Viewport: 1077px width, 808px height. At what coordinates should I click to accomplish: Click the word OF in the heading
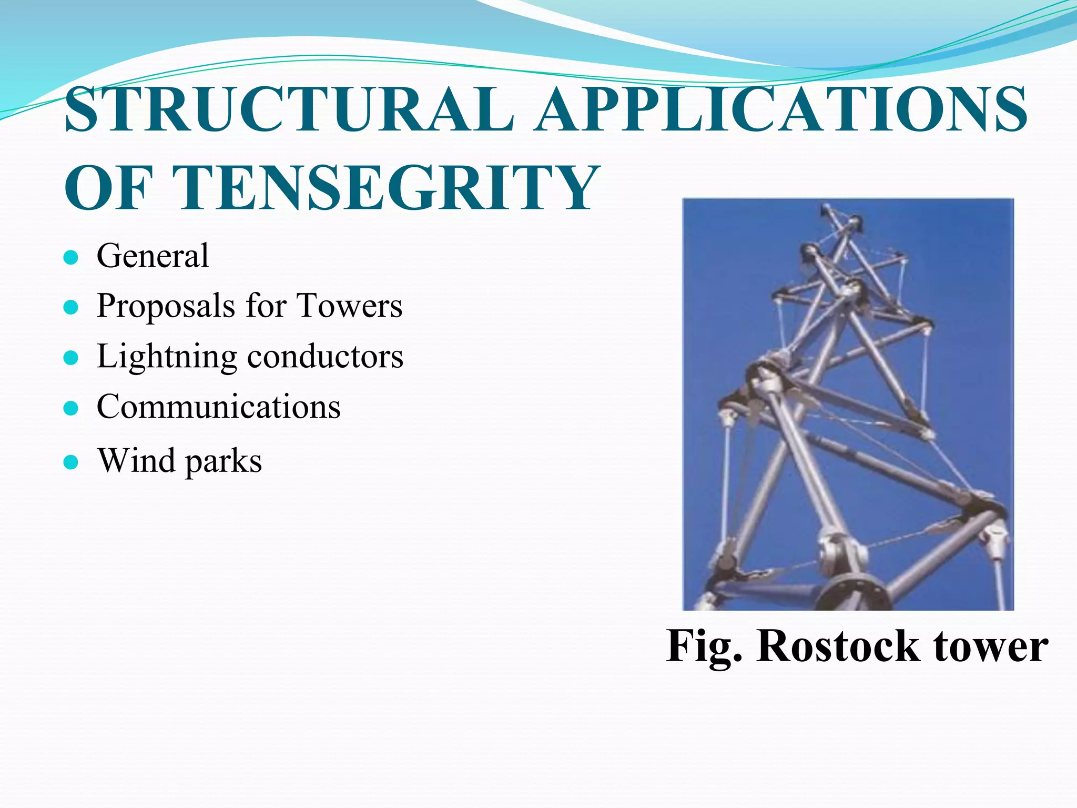coord(108,187)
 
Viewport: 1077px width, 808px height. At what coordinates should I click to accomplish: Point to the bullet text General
coord(153,256)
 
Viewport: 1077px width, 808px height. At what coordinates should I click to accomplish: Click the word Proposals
coord(166,306)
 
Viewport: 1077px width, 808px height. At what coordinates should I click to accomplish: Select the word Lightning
coord(167,357)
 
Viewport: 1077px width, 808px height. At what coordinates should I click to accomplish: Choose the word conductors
coord(325,356)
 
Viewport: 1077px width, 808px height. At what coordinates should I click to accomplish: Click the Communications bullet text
coord(218,407)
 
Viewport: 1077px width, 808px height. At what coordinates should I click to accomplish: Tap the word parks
coord(223,462)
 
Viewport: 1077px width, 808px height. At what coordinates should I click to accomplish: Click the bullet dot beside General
coord(70,258)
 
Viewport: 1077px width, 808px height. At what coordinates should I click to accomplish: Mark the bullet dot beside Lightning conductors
coord(70,358)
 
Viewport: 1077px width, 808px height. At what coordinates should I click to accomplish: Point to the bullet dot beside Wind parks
coord(70,462)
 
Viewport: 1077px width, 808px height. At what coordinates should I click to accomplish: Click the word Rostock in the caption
coord(838,646)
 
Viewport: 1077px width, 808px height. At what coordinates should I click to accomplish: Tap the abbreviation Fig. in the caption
coord(705,647)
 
